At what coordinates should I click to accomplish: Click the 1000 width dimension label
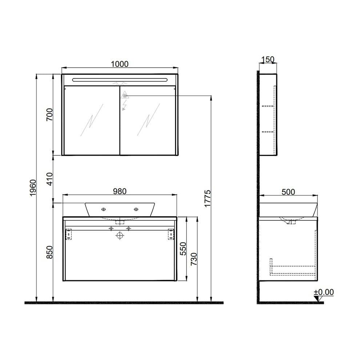[x=120, y=64]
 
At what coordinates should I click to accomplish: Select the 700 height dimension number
[x=50, y=115]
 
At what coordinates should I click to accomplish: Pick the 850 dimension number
[x=50, y=252]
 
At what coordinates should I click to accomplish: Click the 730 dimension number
[x=193, y=260]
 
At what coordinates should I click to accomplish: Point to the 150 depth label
[x=268, y=60]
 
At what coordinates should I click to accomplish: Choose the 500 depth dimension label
[x=288, y=192]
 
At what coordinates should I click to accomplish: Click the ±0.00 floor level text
[x=324, y=292]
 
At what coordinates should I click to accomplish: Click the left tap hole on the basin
[x=104, y=209]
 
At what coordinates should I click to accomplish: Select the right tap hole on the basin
[x=136, y=209]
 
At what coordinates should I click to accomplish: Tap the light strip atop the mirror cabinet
[x=120, y=79]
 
